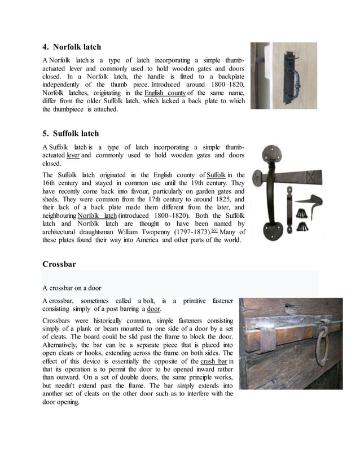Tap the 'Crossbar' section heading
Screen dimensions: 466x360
click(59, 264)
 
